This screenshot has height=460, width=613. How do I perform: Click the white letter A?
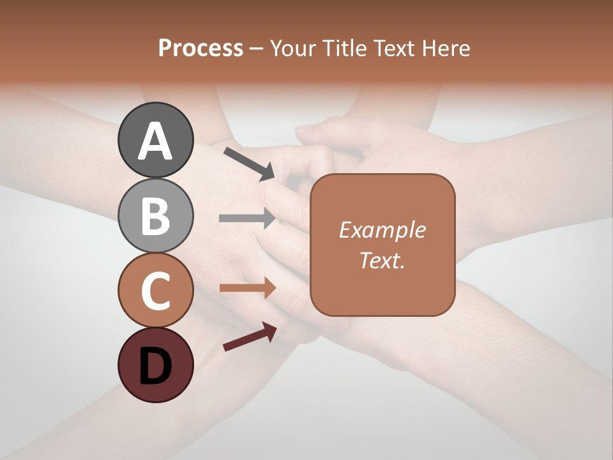pos(156,141)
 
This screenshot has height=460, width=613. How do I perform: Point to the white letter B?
pos(156,216)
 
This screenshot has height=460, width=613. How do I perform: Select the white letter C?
pos(156,291)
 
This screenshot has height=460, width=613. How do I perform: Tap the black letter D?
pos(156,366)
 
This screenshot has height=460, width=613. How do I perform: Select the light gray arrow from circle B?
pos(247,218)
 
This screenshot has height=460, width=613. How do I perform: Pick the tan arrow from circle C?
pos(247,288)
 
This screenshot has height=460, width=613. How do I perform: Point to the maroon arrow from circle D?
pos(250,337)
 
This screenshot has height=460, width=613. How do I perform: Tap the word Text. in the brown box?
pos(382,261)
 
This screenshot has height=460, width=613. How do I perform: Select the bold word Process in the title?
pos(201,49)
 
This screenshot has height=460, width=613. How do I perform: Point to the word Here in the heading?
pos(447,49)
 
